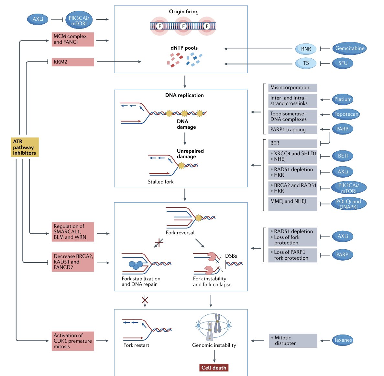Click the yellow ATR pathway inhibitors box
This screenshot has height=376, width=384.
[25, 147]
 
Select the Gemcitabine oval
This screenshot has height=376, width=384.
[349, 48]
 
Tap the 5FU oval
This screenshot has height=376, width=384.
[343, 63]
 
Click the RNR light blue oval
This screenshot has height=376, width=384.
[306, 49]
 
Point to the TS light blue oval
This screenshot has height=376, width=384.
[306, 63]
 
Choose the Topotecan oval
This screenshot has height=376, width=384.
[346, 114]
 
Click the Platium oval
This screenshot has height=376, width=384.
[343, 99]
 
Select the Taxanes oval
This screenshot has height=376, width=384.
[343, 340]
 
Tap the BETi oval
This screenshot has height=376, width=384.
[343, 156]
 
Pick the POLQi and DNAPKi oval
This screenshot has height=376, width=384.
[348, 204]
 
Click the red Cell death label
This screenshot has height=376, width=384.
[214, 368]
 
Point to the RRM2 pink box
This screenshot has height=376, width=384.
[73, 62]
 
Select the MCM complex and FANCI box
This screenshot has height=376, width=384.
[73, 39]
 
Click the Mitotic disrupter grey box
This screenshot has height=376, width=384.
[293, 341]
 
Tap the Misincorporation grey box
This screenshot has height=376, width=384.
[293, 88]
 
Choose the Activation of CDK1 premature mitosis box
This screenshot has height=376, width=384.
[73, 341]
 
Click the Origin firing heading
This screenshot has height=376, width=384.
[184, 12]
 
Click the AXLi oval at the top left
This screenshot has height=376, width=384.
[38, 19]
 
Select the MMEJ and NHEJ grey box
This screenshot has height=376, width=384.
[293, 204]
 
